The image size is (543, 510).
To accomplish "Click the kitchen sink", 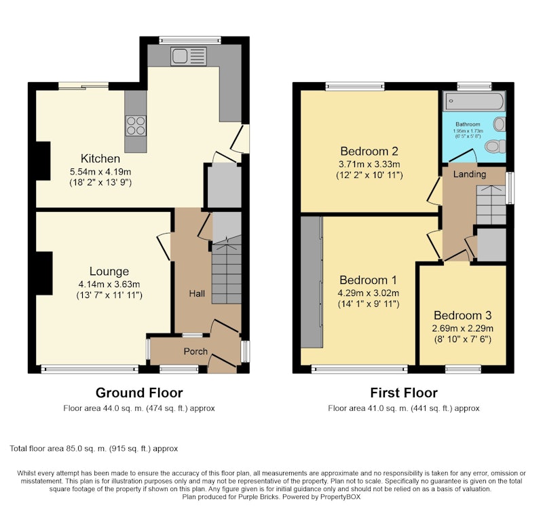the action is coord(189,56).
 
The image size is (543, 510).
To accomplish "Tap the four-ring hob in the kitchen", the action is coord(136,126).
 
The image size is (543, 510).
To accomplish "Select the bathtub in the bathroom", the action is coord(474,101).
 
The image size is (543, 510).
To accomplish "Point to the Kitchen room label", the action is coord(100,159).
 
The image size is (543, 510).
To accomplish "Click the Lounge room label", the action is coord(109,271).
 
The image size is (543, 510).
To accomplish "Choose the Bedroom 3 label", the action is coord(463,315).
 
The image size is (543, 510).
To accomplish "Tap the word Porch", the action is coord(195,351).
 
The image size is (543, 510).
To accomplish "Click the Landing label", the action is coord(470,174).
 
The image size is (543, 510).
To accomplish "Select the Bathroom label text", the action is coord(468,124).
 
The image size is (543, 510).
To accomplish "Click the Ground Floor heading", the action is coord(139,393).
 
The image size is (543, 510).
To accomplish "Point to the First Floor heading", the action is coord(404,393).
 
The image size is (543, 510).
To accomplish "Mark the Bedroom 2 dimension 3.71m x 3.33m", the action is coord(369,164).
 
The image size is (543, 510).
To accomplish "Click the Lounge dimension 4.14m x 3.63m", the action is coord(109,285).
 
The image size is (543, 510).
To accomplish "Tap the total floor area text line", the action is coord(94,449).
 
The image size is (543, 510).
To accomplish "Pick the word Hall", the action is coord(197,294).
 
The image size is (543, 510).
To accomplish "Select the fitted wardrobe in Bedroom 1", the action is coord(312,282).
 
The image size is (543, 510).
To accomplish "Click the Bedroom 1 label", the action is coord(368,280).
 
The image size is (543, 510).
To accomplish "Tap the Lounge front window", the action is coord(90,369).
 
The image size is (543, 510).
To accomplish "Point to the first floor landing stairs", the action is coord(491,205).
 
